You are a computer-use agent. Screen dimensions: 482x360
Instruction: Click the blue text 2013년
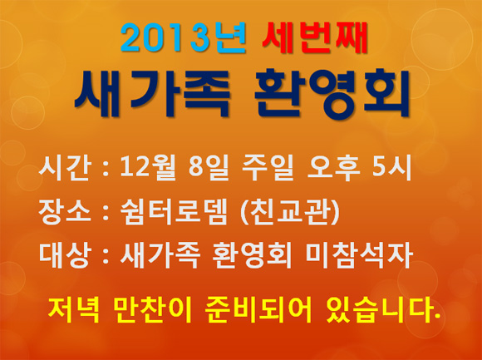184,37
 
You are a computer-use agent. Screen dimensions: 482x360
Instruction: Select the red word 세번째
315,37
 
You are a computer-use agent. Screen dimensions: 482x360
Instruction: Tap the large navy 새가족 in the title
152,93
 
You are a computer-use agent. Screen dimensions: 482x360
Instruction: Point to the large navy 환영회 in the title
332,93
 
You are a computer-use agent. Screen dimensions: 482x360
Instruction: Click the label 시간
65,168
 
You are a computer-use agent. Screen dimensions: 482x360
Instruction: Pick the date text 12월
148,168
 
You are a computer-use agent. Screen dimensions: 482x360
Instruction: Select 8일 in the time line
209,168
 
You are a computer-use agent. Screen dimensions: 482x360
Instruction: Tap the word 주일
268,168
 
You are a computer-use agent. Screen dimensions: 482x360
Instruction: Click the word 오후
333,168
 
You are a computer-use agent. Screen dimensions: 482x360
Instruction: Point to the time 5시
391,168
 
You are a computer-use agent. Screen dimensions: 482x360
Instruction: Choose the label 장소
65,212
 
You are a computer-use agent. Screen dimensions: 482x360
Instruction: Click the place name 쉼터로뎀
174,212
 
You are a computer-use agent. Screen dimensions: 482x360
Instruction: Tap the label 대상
65,256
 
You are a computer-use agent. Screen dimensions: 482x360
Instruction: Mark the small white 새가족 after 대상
160,256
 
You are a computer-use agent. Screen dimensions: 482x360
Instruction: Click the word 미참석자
359,256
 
